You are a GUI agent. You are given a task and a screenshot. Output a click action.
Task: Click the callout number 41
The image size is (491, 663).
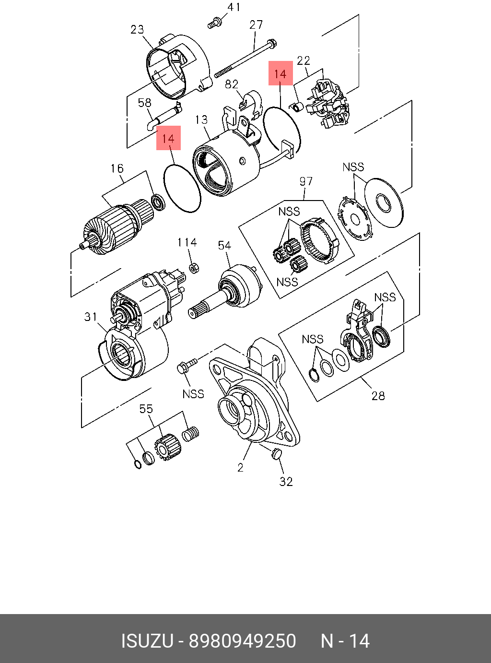pyautogui.click(x=234, y=7)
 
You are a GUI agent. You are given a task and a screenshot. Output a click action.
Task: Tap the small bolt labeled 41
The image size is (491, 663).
pyautogui.click(x=214, y=22)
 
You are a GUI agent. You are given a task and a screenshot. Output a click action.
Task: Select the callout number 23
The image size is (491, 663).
pyautogui.click(x=137, y=30)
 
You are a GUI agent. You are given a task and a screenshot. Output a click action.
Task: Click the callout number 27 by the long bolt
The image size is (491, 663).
pyautogui.click(x=256, y=25)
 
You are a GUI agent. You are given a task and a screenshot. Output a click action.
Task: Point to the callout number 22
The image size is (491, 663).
pyautogui.click(x=304, y=60)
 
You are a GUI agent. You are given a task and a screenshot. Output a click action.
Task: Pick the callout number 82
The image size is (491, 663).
pyautogui.click(x=232, y=84)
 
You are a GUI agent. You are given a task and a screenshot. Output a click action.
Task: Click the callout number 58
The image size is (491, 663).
pyautogui.click(x=144, y=103)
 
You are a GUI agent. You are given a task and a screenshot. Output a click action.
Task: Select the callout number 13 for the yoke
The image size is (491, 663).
pyautogui.click(x=201, y=119)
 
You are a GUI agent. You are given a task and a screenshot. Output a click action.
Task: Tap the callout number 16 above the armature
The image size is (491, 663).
pyautogui.click(x=117, y=168)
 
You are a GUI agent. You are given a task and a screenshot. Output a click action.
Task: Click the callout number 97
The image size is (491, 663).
pyautogui.click(x=306, y=181)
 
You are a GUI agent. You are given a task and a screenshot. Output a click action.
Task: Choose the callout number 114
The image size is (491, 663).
pyautogui.click(x=187, y=242)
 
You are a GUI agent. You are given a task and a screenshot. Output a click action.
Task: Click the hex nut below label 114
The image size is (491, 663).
pyautogui.click(x=194, y=268)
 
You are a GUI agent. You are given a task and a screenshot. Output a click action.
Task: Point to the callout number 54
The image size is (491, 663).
pyautogui.click(x=224, y=246)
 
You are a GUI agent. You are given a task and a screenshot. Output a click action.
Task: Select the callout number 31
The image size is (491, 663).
pyautogui.click(x=91, y=317)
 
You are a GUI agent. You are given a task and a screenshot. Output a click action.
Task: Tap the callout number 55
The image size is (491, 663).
pyautogui.click(x=146, y=409)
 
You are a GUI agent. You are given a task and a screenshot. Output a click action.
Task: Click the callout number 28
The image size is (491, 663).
pyautogui.click(x=378, y=396)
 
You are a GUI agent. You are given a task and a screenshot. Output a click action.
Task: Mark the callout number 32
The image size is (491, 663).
pyautogui.click(x=286, y=482)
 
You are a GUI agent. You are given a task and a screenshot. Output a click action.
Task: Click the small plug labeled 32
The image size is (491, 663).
pyautogui.click(x=276, y=454)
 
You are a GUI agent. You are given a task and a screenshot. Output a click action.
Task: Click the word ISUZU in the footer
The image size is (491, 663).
pyautogui.click(x=147, y=641)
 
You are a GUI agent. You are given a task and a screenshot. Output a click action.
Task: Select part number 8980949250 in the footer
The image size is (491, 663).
pyautogui.click(x=243, y=641)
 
